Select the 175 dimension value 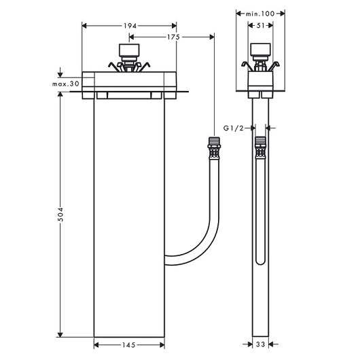click(x=172, y=37)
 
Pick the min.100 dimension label click(x=260, y=13)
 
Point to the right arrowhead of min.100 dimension click(x=282, y=13)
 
